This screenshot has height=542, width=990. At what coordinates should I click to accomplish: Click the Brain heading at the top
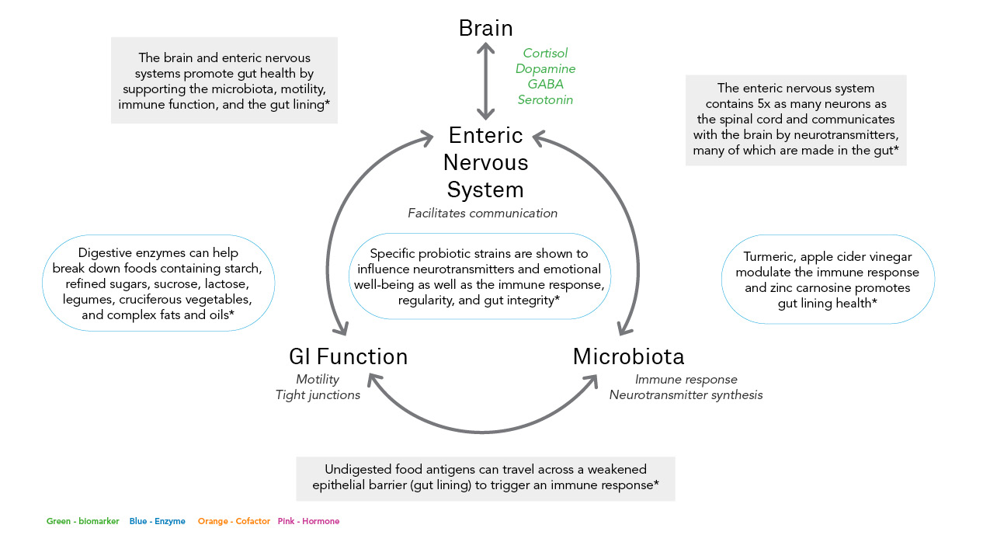tap(485, 29)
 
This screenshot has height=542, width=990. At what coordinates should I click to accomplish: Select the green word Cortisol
tap(545, 54)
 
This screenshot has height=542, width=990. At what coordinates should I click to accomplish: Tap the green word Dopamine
tap(545, 69)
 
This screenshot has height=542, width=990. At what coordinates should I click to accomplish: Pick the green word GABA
tap(545, 85)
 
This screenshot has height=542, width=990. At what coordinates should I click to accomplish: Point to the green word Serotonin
tap(545, 100)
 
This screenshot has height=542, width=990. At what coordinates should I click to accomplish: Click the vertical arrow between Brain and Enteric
tap(486, 80)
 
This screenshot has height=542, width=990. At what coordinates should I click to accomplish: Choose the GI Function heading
tap(348, 357)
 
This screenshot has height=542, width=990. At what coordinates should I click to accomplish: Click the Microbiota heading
tap(628, 357)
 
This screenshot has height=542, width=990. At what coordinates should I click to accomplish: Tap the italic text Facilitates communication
tap(482, 214)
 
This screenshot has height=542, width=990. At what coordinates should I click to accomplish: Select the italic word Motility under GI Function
tap(318, 380)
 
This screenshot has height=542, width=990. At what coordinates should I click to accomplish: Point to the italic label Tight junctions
tap(318, 395)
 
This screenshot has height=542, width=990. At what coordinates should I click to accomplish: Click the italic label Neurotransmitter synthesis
tap(686, 395)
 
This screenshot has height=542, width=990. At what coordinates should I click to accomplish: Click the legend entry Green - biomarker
tap(83, 522)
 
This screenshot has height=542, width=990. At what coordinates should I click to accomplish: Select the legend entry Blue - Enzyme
tap(158, 522)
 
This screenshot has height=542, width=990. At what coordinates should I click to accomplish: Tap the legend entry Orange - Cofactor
tap(234, 522)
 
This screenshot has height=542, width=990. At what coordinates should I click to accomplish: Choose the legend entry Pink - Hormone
tap(308, 522)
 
